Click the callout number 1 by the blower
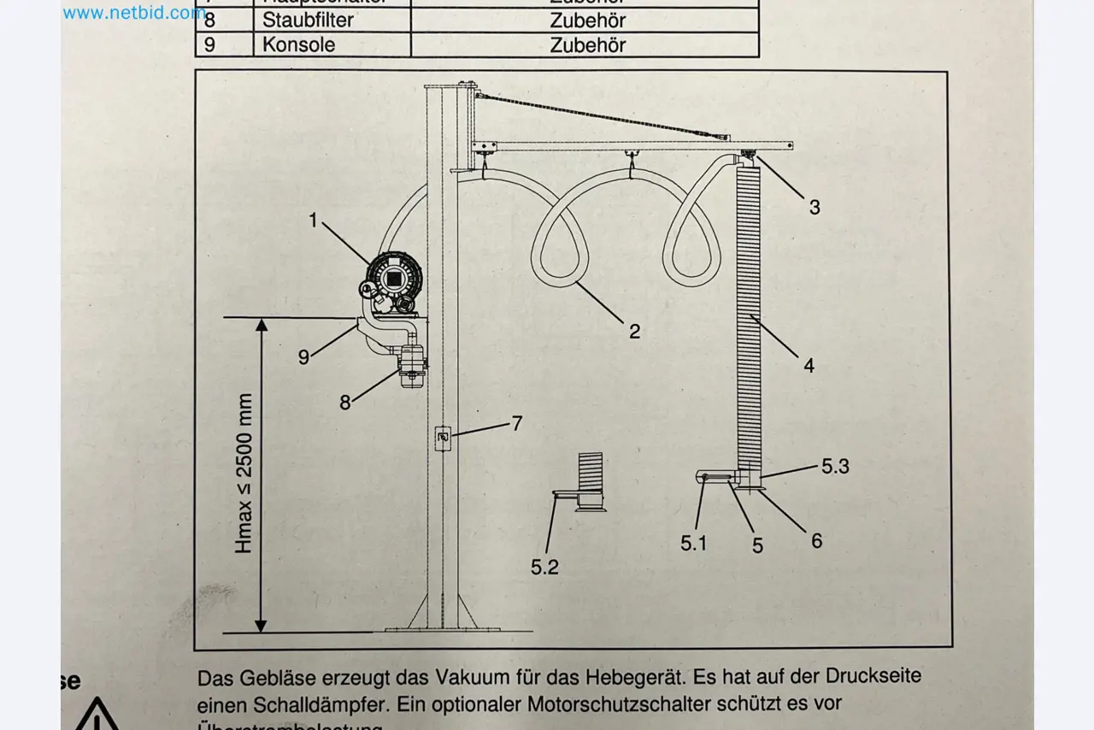(313, 221)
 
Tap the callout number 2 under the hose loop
(634, 332)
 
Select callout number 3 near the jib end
(814, 207)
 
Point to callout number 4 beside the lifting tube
(809, 366)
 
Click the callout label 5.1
(694, 543)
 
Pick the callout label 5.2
(544, 567)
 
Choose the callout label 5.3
(835, 467)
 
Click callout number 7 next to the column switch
(516, 423)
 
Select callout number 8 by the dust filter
(345, 403)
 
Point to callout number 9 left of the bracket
(303, 357)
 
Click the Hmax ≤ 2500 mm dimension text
(244, 474)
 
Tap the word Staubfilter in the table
(308, 20)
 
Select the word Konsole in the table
(298, 44)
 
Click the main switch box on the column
(442, 438)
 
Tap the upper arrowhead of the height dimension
(262, 325)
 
